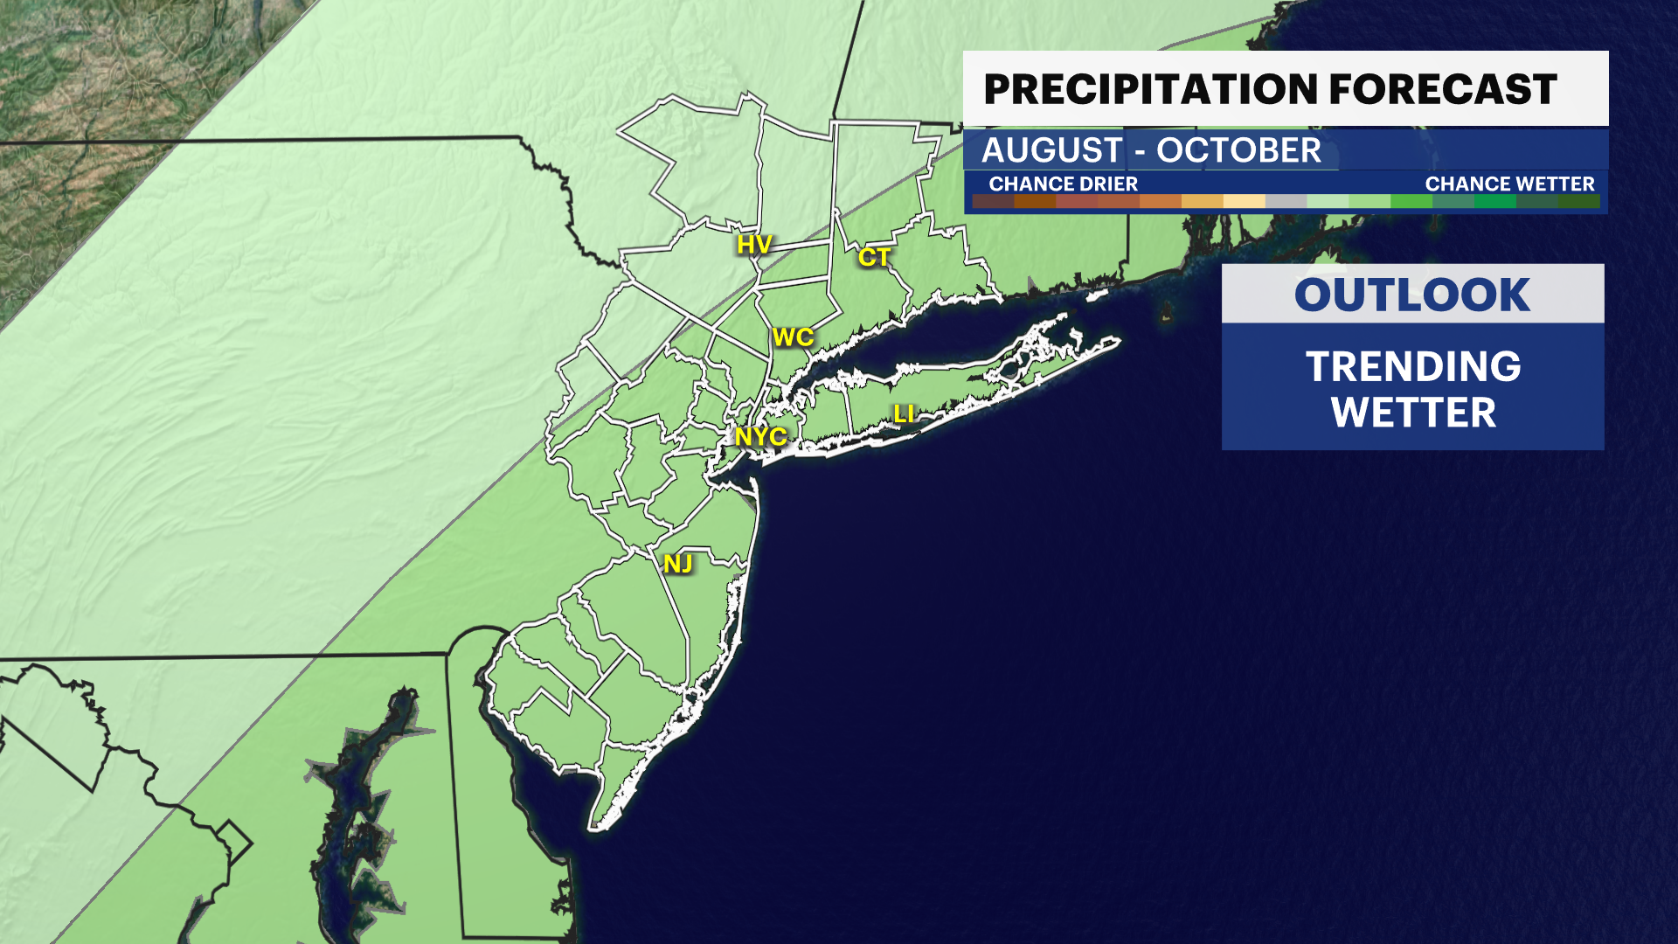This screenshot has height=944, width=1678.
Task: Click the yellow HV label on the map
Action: coord(753,245)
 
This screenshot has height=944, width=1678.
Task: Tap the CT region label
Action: coord(873,257)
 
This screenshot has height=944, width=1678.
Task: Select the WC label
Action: coord(793,337)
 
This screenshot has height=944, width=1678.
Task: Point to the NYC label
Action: coord(760,436)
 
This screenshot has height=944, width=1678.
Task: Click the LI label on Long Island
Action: coord(904,413)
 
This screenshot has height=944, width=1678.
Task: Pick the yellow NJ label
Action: coord(678,564)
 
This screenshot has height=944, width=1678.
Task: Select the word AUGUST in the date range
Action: coord(1051,150)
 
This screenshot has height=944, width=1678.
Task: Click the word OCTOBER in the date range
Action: coord(1238,150)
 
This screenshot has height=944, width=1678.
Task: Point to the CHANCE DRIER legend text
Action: coord(1063,184)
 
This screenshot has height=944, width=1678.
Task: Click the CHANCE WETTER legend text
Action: coord(1509,184)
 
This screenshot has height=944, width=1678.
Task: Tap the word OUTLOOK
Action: coord(1412,295)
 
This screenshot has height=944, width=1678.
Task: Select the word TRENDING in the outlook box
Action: coord(1413,366)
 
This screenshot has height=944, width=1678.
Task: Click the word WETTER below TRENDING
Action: coord(1413,413)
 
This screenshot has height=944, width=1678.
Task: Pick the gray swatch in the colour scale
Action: coord(1286,202)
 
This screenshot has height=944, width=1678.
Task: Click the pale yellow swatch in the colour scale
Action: coord(1244,202)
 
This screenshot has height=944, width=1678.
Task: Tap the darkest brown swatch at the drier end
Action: coord(993,202)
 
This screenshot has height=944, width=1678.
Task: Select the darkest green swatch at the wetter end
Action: coord(1578,202)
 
